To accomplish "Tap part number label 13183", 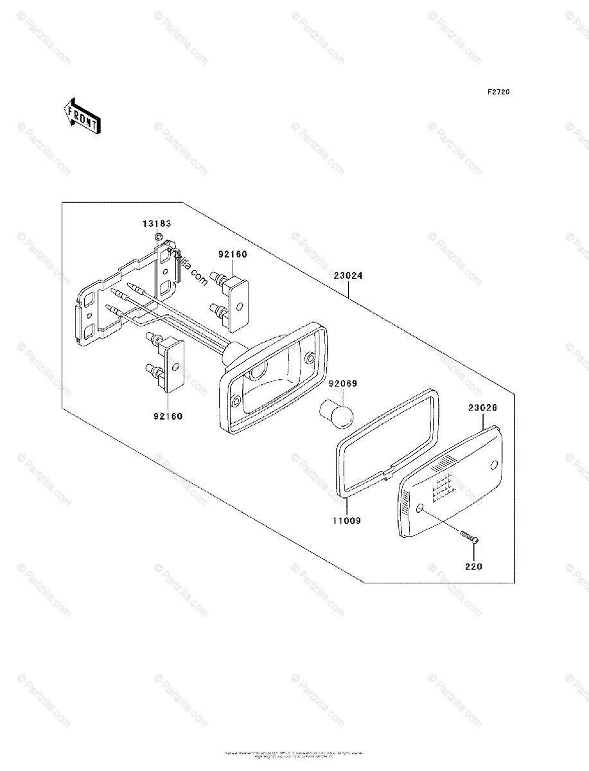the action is [157, 224].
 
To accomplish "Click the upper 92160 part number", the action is [232, 254].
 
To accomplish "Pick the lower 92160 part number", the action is [167, 416].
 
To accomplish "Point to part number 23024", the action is [348, 276].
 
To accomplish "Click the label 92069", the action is [343, 384].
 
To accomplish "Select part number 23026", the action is [482, 408].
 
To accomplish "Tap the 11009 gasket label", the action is [346, 521].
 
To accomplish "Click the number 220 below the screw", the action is [474, 567].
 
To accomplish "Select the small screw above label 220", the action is [469, 537].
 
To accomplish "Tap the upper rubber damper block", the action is [237, 301].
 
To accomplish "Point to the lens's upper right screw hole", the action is [494, 465].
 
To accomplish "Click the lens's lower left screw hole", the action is [419, 510].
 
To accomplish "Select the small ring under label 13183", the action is [158, 237].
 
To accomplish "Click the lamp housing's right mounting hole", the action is [310, 357].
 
